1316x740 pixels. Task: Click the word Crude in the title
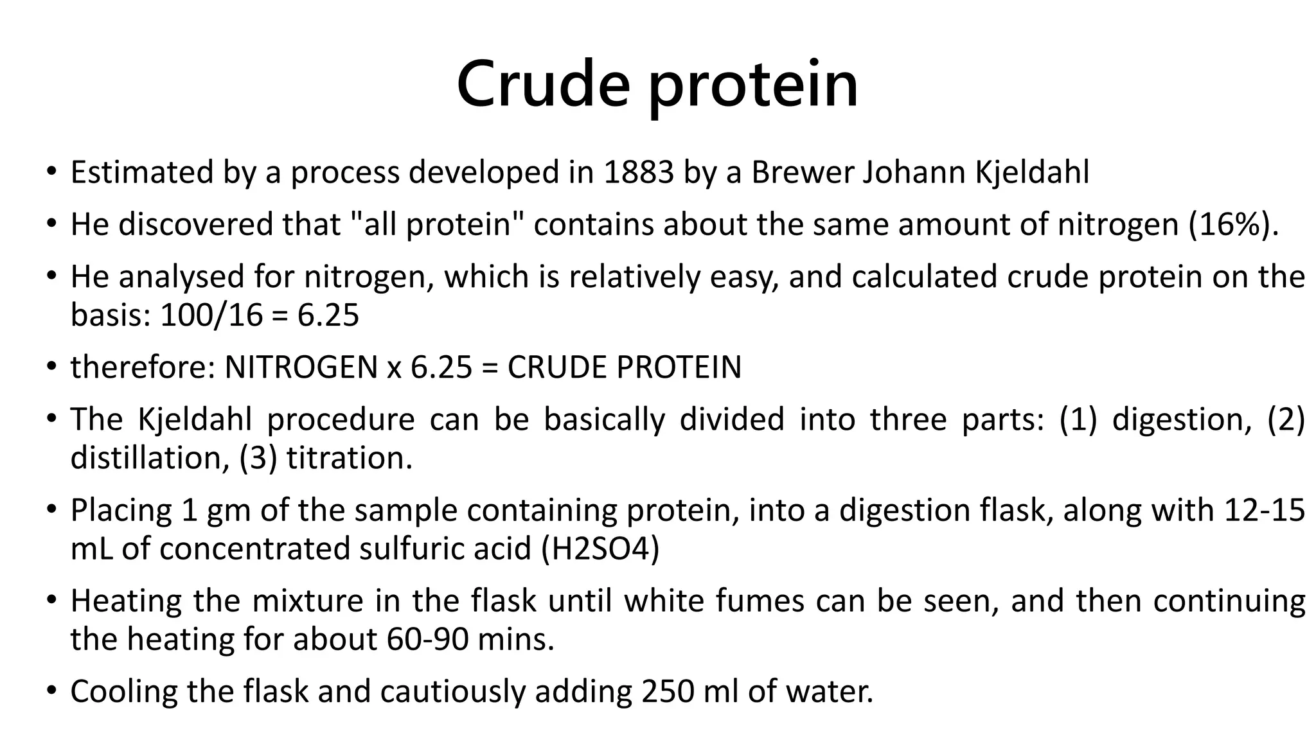[543, 84]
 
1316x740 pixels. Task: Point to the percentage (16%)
[1232, 224]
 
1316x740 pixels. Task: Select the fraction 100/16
[211, 315]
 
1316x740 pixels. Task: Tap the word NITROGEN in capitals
[301, 367]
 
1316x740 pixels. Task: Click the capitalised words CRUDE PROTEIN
[624, 367]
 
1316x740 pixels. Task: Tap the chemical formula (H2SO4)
[600, 549]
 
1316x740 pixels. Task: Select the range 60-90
[427, 639]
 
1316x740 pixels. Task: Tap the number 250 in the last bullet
[668, 692]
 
